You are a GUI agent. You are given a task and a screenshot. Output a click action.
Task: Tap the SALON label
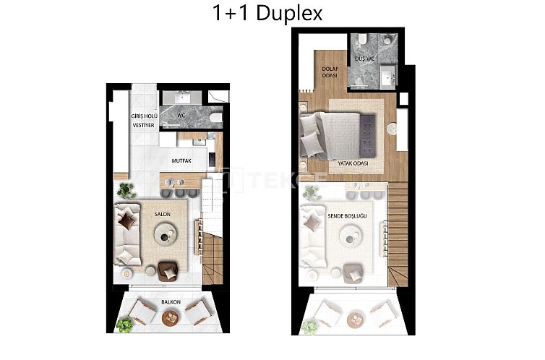tap(162, 215)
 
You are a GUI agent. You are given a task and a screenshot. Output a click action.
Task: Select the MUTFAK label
tap(181, 161)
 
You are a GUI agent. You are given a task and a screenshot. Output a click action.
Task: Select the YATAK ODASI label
tap(353, 164)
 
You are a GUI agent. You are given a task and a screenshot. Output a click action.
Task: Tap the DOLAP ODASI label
tap(330, 72)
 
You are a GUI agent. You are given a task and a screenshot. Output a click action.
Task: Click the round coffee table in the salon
tap(168, 233)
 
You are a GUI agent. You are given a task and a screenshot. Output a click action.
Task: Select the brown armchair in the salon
tap(167, 270)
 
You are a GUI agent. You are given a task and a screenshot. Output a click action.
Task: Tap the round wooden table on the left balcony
tap(171, 317)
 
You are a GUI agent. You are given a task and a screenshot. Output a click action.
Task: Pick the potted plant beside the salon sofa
tap(127, 191)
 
